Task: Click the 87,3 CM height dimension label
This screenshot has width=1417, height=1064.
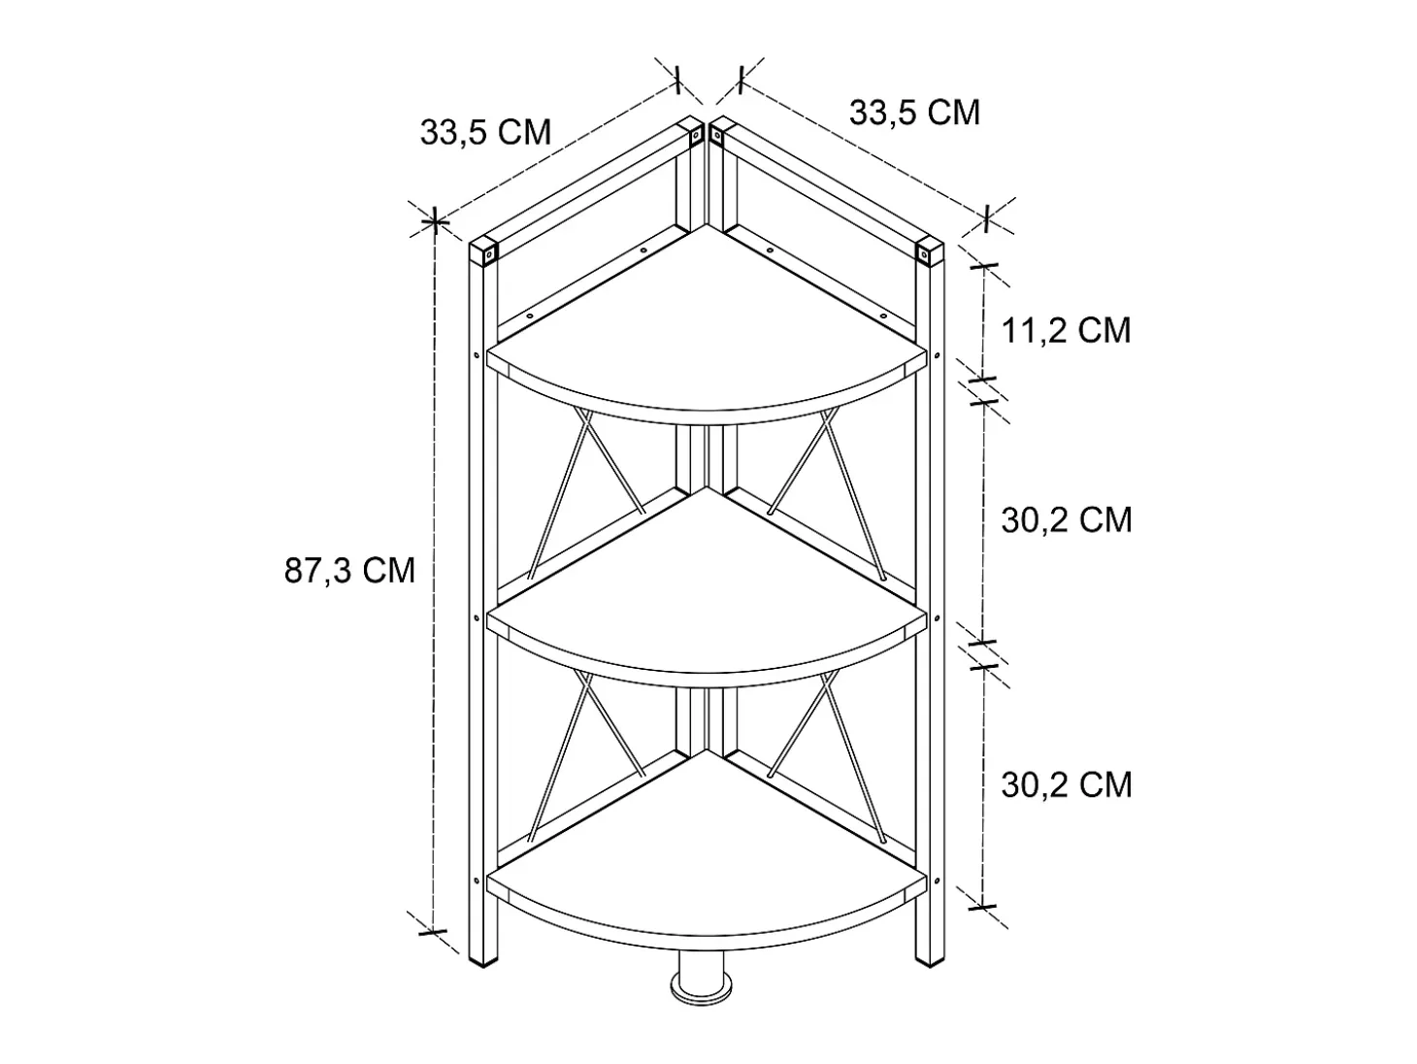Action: pos(349,570)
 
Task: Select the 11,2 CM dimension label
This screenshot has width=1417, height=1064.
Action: pos(1066,330)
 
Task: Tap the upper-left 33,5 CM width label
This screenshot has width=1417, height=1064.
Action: pos(485,132)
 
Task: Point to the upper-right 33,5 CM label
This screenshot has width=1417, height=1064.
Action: pos(914,113)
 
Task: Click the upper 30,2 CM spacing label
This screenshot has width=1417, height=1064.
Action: pos(1067,519)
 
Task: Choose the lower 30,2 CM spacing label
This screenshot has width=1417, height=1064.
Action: pos(1067,784)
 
